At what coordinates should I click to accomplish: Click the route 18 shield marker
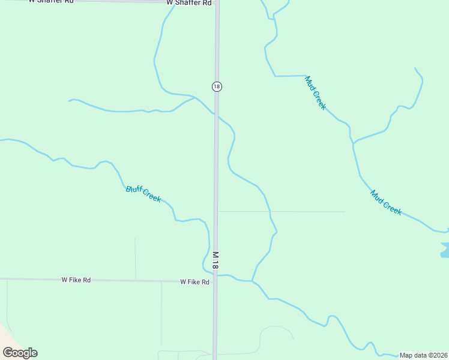(x=217, y=86)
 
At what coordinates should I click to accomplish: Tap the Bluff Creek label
(x=143, y=194)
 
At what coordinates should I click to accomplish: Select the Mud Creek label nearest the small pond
(x=386, y=203)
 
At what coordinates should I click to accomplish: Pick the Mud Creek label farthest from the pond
(x=316, y=92)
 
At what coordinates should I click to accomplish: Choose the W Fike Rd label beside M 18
(x=195, y=282)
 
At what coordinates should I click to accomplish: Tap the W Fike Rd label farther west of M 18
(x=76, y=280)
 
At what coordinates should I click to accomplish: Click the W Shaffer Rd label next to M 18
(x=189, y=3)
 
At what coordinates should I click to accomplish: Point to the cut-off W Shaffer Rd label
(x=51, y=2)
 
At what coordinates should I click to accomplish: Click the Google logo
(x=20, y=353)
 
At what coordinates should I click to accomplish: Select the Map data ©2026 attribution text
(x=423, y=355)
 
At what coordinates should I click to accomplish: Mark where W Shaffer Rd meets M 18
(x=217, y=3)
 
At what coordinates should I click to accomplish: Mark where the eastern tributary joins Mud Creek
(x=354, y=143)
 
